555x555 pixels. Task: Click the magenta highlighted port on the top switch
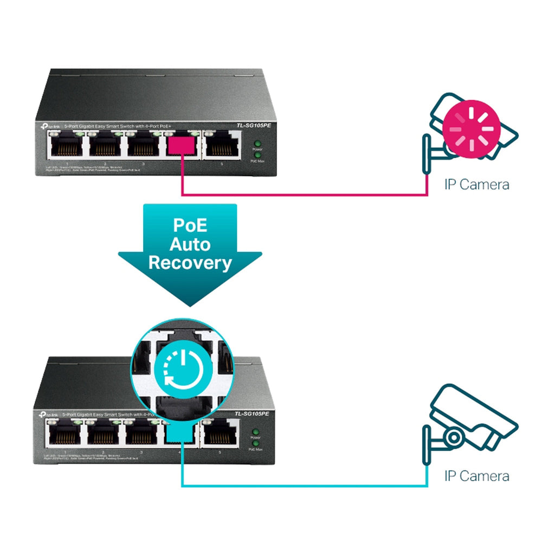[x=182, y=146]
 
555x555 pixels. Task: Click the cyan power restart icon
[x=182, y=368]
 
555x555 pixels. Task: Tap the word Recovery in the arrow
[x=190, y=263]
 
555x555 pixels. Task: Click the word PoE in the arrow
[x=190, y=225]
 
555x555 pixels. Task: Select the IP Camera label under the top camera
[x=476, y=184]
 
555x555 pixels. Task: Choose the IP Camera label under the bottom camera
[x=476, y=476]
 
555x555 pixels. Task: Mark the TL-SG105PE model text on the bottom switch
[x=252, y=414]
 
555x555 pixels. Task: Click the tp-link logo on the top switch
[x=50, y=126]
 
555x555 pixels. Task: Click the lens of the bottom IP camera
[x=454, y=435]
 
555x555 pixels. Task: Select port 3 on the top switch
[x=143, y=146]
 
